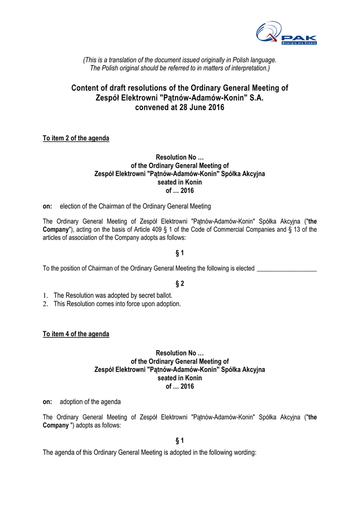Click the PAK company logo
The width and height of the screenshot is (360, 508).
coord(286,34)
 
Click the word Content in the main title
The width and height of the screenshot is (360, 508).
coord(85,88)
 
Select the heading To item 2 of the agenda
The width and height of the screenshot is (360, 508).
coord(76,138)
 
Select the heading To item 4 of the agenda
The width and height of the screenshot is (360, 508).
coord(76,334)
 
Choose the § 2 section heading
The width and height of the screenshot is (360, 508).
coord(180,284)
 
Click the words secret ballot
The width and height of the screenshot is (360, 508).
coord(154,296)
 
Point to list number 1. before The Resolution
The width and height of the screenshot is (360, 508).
coord(46,296)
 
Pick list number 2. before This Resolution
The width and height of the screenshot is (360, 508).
coord(46,304)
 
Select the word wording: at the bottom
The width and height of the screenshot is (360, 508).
coord(243,452)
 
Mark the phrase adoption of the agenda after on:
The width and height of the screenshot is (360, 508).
coord(90,401)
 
